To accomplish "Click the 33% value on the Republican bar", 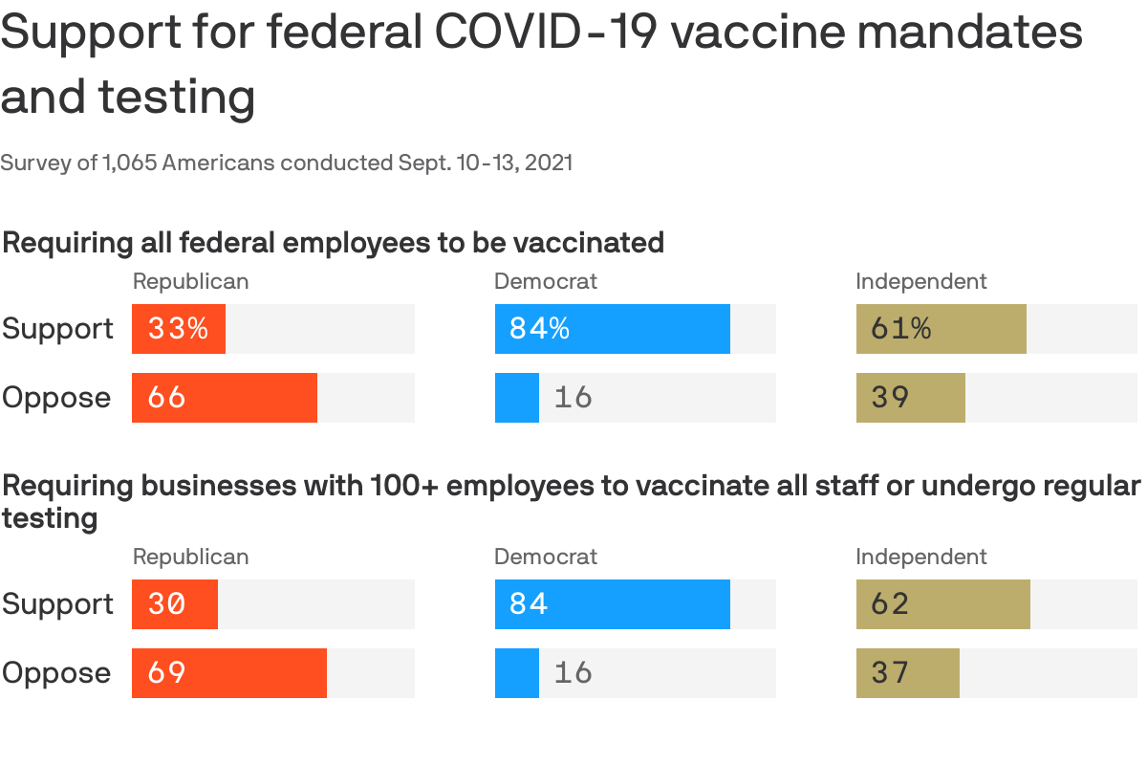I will tap(178, 329).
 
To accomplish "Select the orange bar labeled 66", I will tap(225, 398).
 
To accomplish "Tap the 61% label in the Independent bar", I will tap(900, 329).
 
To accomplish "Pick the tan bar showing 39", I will tap(910, 398).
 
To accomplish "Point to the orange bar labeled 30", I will tap(175, 604).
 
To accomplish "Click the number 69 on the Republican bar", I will tap(166, 673).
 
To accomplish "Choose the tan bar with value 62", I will tap(942, 604).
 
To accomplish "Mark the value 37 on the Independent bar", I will tap(890, 673).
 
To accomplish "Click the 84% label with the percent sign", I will tap(539, 329).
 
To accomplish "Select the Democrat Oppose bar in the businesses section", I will tap(516, 673).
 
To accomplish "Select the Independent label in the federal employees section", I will tap(921, 281).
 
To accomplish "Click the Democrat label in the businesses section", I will tap(546, 557).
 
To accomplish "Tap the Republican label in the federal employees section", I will tap(190, 281).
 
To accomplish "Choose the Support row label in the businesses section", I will tap(57, 604).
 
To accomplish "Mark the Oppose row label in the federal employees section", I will tap(56, 398).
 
